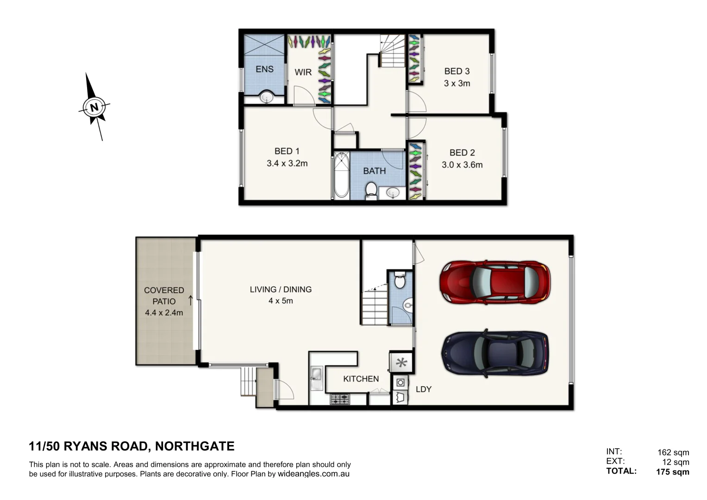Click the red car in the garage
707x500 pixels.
(494, 281)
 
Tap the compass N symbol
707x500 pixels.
(94, 107)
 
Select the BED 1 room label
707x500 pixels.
(287, 151)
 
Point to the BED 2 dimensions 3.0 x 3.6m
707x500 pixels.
(462, 165)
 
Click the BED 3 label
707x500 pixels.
(457, 71)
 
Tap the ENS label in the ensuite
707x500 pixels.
(264, 69)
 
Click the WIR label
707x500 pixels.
(303, 72)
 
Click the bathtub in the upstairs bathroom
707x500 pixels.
(341, 175)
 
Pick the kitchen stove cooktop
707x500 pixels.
(340, 399)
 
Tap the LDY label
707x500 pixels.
(423, 389)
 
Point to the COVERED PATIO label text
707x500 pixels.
(164, 296)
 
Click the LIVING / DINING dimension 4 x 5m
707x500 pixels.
(281, 301)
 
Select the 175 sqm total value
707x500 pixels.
(672, 472)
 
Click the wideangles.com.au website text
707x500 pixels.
(313, 474)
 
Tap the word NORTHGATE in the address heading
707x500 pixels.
(194, 446)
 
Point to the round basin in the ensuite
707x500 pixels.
(266, 98)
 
